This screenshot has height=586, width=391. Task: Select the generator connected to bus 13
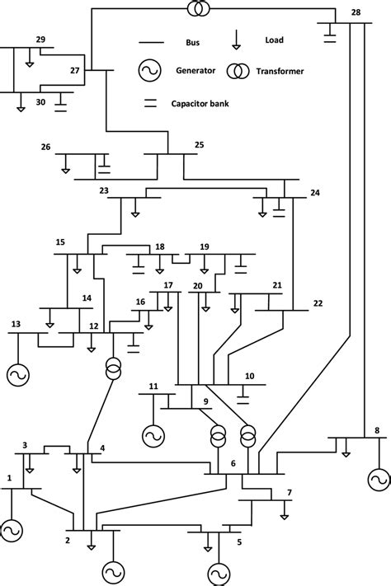tap(16, 375)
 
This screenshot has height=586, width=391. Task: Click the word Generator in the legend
tap(194, 72)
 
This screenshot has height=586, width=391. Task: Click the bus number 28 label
tap(356, 12)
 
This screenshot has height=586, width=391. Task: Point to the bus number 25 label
tap(199, 145)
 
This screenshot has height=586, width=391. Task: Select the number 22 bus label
tap(318, 302)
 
